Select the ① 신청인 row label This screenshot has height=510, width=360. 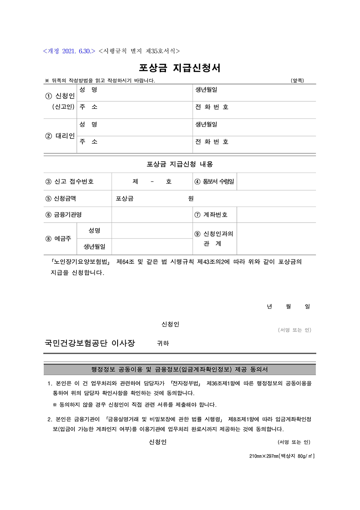tap(60, 96)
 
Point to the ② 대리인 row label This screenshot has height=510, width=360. tap(60, 136)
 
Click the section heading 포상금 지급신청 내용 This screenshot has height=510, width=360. tap(180, 164)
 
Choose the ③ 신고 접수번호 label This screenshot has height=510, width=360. tap(70, 181)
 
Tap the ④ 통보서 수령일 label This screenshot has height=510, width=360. tap(214, 181)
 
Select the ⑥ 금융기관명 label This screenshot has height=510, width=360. tap(64, 215)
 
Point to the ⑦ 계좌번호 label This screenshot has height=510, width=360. tap(211, 215)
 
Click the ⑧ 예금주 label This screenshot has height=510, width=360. tap(58, 239)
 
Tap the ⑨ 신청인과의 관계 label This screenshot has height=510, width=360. tap(214, 239)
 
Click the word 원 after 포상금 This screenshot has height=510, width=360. tap(191, 198)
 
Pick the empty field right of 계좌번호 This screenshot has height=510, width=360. tap(276, 215)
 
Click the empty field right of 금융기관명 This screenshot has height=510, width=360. tap(152, 215)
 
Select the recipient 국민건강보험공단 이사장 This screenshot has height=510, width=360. tap(90, 343)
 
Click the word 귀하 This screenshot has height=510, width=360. tap(163, 343)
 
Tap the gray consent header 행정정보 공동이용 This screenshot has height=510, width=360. tap(180, 369)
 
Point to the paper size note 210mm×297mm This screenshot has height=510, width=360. tap(282, 456)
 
